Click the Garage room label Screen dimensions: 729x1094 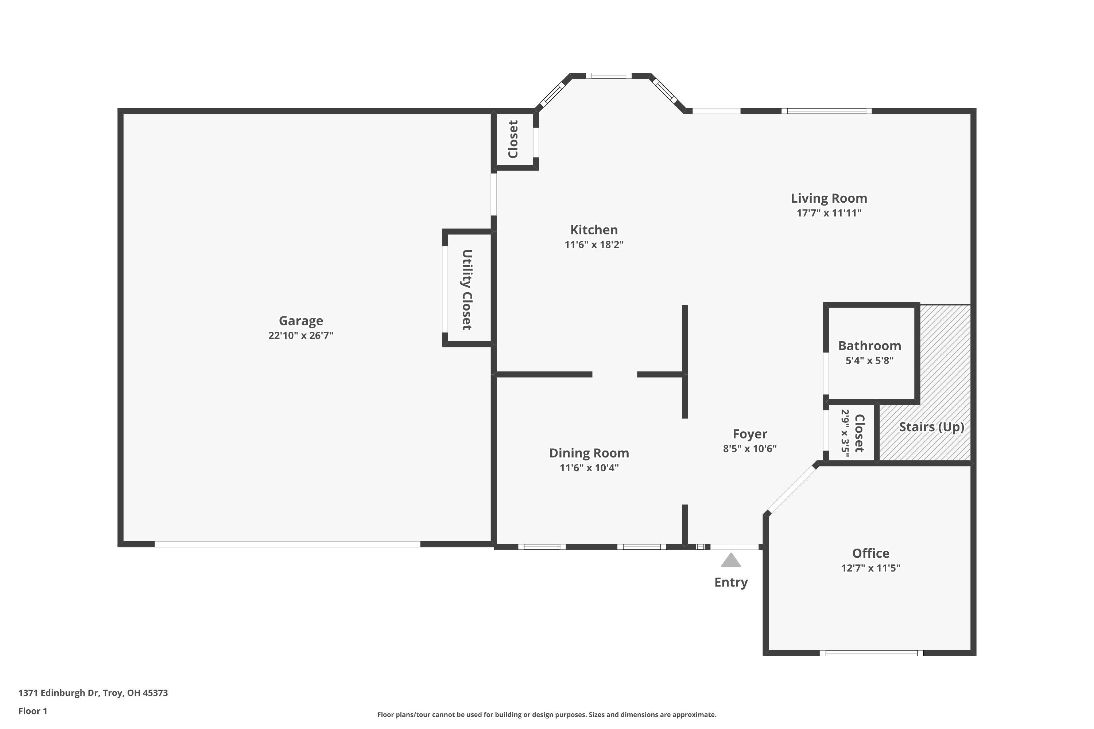click(x=300, y=320)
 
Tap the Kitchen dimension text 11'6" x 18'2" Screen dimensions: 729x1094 click(x=594, y=245)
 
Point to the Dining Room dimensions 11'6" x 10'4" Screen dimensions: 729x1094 click(x=589, y=468)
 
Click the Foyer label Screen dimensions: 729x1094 click(x=749, y=434)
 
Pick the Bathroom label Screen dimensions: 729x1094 click(x=869, y=346)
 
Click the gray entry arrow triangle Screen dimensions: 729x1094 click(x=731, y=560)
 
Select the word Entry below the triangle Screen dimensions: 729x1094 click(x=731, y=582)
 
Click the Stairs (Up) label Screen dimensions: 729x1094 click(x=931, y=427)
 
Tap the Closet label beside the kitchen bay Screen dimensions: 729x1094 click(x=513, y=140)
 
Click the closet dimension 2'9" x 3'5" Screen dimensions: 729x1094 click(x=845, y=433)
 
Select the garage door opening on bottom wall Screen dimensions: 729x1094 click(x=287, y=544)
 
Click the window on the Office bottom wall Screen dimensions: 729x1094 click(x=871, y=653)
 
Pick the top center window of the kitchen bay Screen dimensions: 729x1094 click(x=608, y=76)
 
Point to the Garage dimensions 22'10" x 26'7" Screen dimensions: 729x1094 click(x=300, y=336)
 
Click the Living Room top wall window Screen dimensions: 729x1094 click(x=826, y=111)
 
